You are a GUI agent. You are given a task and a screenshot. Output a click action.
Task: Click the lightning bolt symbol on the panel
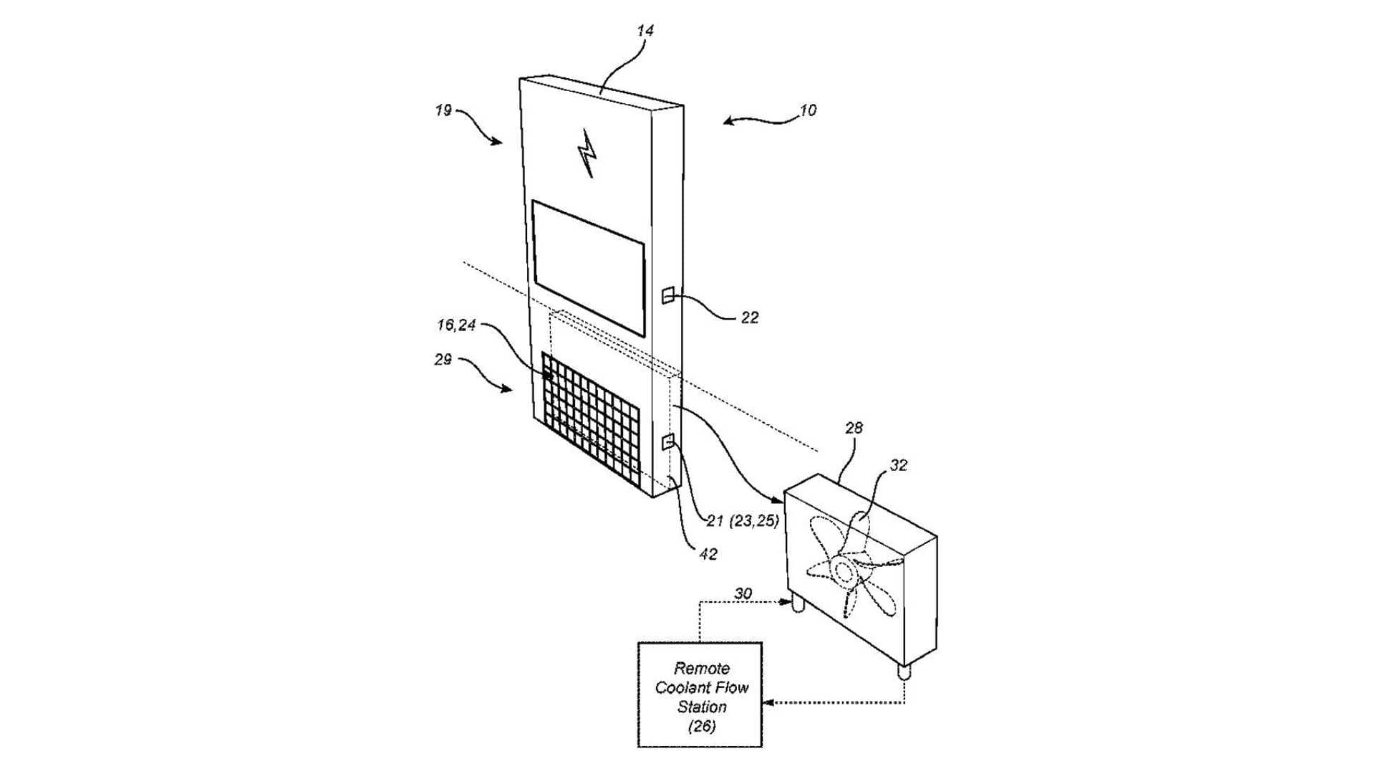pyautogui.click(x=588, y=153)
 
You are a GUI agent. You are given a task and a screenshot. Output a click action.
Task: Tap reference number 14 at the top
pyautogui.click(x=645, y=31)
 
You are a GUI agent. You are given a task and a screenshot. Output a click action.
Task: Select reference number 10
pyautogui.click(x=807, y=110)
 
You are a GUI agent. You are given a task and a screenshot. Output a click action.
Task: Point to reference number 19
pyautogui.click(x=443, y=110)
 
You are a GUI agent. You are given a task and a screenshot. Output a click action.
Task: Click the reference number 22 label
pyautogui.click(x=749, y=317)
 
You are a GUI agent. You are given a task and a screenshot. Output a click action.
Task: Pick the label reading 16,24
pyautogui.click(x=456, y=325)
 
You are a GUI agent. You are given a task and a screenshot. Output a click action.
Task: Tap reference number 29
pyautogui.click(x=443, y=359)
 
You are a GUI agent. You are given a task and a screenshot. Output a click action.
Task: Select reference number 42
pyautogui.click(x=708, y=554)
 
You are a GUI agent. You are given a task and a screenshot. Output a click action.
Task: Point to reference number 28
pyautogui.click(x=854, y=428)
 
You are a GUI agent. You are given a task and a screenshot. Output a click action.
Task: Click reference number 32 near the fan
pyautogui.click(x=898, y=465)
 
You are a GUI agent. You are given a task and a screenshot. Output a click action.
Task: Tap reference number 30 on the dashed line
pyautogui.click(x=743, y=593)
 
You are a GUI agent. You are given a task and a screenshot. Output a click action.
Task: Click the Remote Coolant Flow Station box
pyautogui.click(x=700, y=694)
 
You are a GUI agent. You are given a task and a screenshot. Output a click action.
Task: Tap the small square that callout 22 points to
pyautogui.click(x=667, y=295)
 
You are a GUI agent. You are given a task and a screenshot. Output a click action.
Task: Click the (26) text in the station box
pyautogui.click(x=702, y=726)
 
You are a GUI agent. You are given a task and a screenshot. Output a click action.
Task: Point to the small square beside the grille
pyautogui.click(x=668, y=441)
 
